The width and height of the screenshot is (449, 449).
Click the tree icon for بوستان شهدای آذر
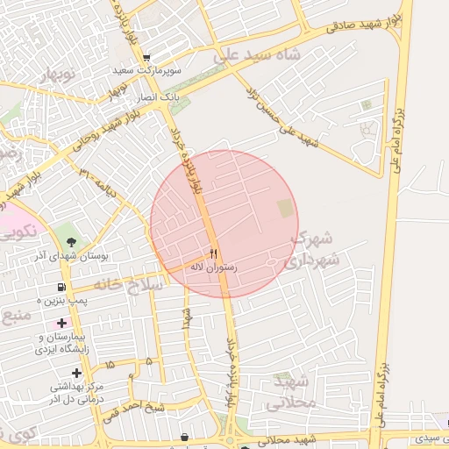pyautogui.click(x=71, y=242)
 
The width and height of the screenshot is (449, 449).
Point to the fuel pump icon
pyautogui.click(x=61, y=287)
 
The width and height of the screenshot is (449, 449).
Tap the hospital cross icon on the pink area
pyautogui.click(x=62, y=324)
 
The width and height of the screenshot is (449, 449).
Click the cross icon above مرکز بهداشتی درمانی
pyautogui.click(x=77, y=373)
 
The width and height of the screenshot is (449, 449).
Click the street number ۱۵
pyautogui.click(x=110, y=363)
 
